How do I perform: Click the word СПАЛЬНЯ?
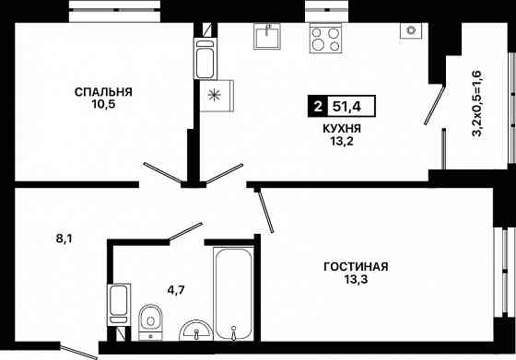click(x=104, y=92)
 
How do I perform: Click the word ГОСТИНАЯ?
click(x=356, y=267)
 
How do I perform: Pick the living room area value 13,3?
click(x=356, y=283)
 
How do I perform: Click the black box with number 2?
click(x=318, y=107)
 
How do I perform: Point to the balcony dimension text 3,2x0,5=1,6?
click(x=476, y=103)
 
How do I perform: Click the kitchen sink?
click(x=267, y=36)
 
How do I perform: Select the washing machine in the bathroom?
click(x=118, y=302)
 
